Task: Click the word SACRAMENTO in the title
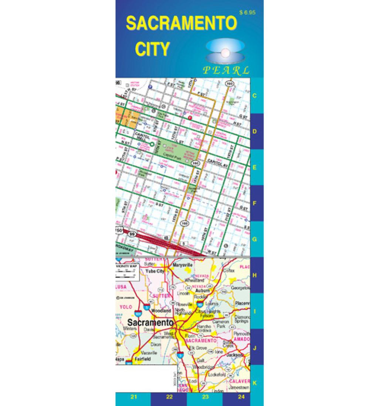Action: (181, 24)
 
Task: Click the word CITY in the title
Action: (152, 48)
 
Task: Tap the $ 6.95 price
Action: (247, 12)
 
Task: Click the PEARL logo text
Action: (226, 70)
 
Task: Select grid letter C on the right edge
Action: (254, 96)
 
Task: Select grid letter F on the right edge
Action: (254, 203)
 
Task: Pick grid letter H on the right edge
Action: (254, 275)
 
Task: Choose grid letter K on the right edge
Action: (254, 383)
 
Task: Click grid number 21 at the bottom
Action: (133, 397)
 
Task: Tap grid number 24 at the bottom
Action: (241, 397)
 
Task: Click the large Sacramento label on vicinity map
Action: (150, 322)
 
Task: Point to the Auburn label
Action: (203, 290)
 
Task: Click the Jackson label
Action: (236, 355)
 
